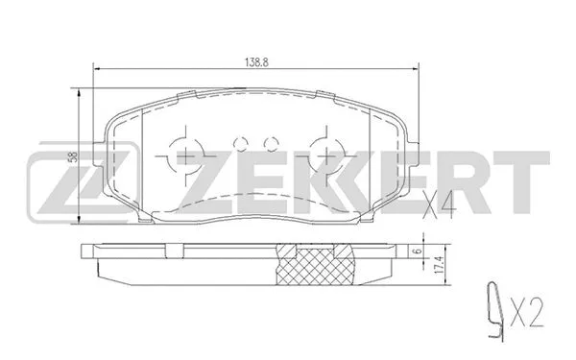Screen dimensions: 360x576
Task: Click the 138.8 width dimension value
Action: pyautogui.click(x=254, y=60)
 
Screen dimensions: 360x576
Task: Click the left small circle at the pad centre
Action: pyautogui.click(x=240, y=143)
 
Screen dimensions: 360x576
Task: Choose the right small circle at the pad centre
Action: pyautogui.click(x=268, y=143)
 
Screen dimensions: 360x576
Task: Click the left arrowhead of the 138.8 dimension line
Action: pyautogui.click(x=93, y=67)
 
